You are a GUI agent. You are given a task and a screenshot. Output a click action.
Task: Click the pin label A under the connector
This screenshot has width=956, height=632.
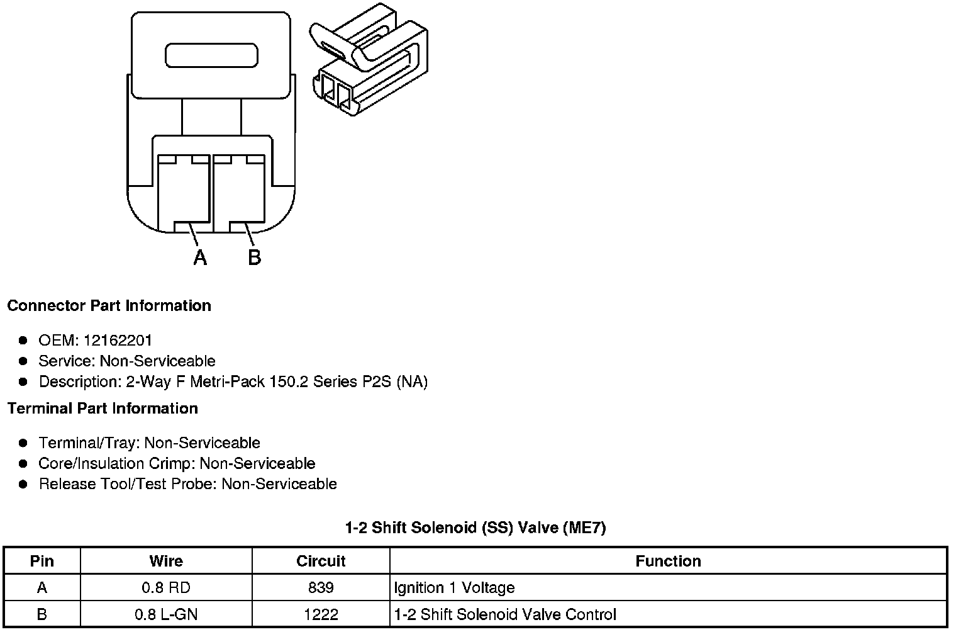pyautogui.click(x=200, y=257)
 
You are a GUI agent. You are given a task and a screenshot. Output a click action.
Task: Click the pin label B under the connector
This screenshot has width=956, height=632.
pyautogui.click(x=254, y=257)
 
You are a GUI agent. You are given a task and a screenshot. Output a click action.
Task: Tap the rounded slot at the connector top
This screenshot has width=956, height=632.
pyautogui.click(x=211, y=55)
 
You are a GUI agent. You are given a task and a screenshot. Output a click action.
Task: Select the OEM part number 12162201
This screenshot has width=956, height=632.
pyautogui.click(x=118, y=341)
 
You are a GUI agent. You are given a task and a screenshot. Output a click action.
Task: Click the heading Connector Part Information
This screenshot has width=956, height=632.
pyautogui.click(x=109, y=306)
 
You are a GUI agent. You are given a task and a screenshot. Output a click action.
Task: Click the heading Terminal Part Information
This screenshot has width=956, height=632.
pyautogui.click(x=103, y=409)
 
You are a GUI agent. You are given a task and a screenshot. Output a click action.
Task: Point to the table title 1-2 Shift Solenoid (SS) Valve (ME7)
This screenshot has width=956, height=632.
pyautogui.click(x=475, y=528)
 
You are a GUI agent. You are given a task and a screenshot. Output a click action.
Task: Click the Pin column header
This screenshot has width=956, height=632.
pyautogui.click(x=42, y=561)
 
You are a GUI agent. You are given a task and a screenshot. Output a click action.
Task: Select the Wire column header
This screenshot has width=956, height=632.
pyautogui.click(x=166, y=561)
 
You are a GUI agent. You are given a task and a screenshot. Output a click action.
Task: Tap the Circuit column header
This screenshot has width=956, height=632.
pyautogui.click(x=321, y=561)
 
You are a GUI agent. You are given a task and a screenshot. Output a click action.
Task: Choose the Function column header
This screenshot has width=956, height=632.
pyautogui.click(x=668, y=561)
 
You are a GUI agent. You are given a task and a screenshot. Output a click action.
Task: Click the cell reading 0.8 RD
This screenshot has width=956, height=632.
pyautogui.click(x=166, y=588)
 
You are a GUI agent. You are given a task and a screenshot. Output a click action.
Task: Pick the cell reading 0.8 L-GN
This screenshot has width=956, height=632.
pyautogui.click(x=166, y=614)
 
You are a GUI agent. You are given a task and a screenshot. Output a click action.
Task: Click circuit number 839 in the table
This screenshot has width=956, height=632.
pyautogui.click(x=321, y=588)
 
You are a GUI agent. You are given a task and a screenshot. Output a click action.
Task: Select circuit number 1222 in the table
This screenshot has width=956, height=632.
pyautogui.click(x=321, y=614)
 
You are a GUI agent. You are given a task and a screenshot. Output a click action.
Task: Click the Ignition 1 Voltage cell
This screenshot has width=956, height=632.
pyautogui.click(x=454, y=588)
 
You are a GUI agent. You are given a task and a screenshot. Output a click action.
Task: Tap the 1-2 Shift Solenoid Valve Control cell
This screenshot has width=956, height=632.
pyautogui.click(x=505, y=614)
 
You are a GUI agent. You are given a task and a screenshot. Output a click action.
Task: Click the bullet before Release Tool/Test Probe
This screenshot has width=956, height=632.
pyautogui.click(x=23, y=484)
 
